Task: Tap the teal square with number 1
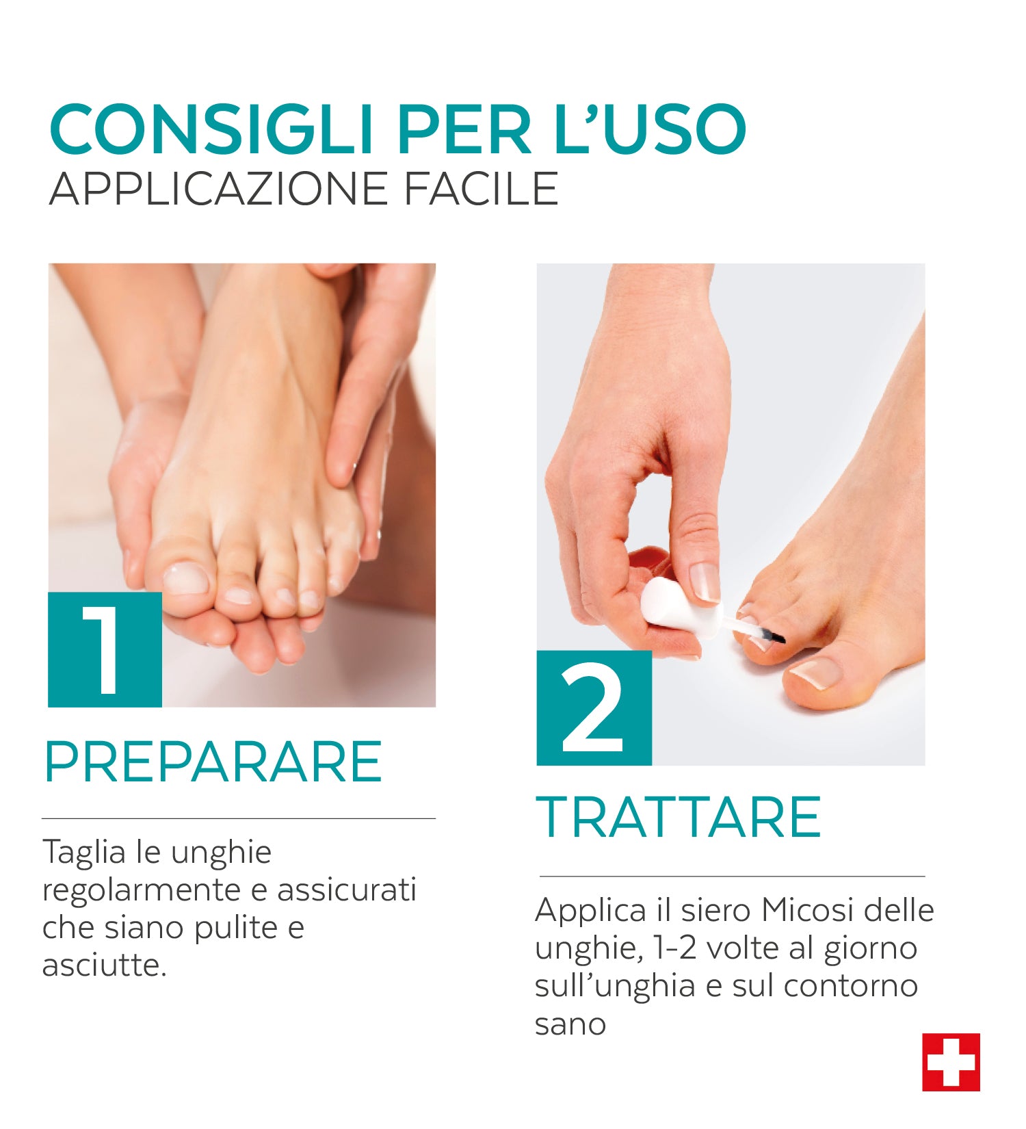105,649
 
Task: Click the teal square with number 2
594,708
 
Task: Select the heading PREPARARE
213,762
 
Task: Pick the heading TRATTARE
678,817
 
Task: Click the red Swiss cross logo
951,1062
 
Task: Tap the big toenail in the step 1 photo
185,579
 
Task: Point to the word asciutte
105,965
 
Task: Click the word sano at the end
570,1025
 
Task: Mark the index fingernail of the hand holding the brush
705,582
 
